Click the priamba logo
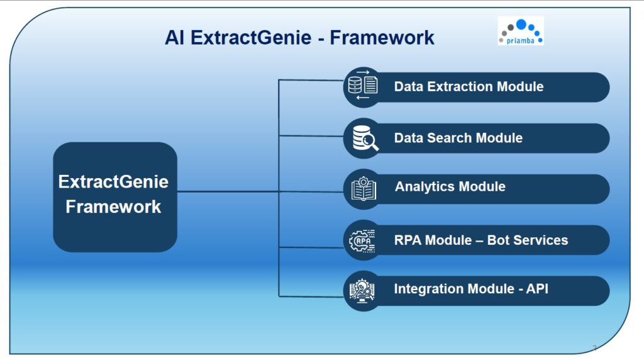520,31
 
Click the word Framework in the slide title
382,38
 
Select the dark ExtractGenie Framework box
115,196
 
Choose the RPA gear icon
363,240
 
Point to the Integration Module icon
363,290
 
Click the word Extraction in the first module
460,87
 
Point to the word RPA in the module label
407,240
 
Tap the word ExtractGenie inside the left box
113,182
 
